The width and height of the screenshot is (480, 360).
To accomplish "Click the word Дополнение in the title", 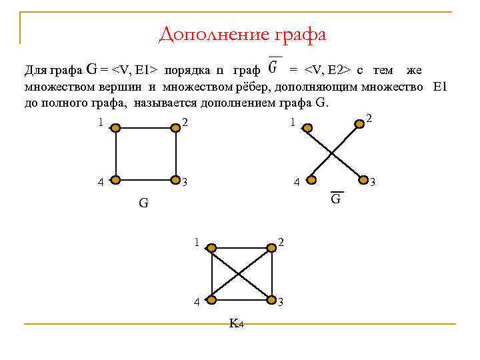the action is coord(211,33).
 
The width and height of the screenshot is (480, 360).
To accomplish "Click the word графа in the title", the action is coord(297,33).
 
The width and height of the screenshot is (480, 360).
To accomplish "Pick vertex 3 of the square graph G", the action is coord(176,180).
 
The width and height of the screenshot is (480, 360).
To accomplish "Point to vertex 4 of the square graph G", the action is coord(115,180).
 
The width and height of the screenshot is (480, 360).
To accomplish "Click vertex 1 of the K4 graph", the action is coord(211,248).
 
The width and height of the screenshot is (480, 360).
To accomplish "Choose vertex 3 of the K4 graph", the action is coord(272,301).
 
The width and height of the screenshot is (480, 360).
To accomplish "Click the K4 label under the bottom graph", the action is coord(236,324).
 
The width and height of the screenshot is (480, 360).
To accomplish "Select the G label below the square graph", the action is coord(143,203).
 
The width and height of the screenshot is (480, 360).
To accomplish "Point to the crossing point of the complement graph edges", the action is coord(333,153).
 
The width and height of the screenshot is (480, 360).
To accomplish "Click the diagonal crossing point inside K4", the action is coord(241,274).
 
